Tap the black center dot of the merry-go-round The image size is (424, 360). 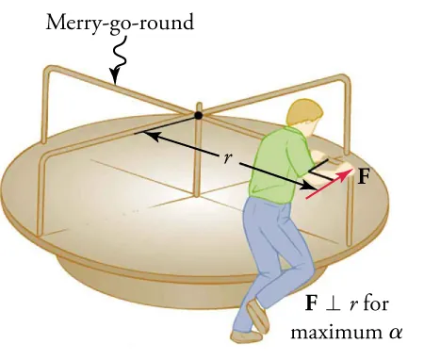point(197,115)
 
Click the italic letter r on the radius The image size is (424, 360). point(228,157)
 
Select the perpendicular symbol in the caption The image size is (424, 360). point(331,305)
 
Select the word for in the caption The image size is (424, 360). point(377,304)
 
